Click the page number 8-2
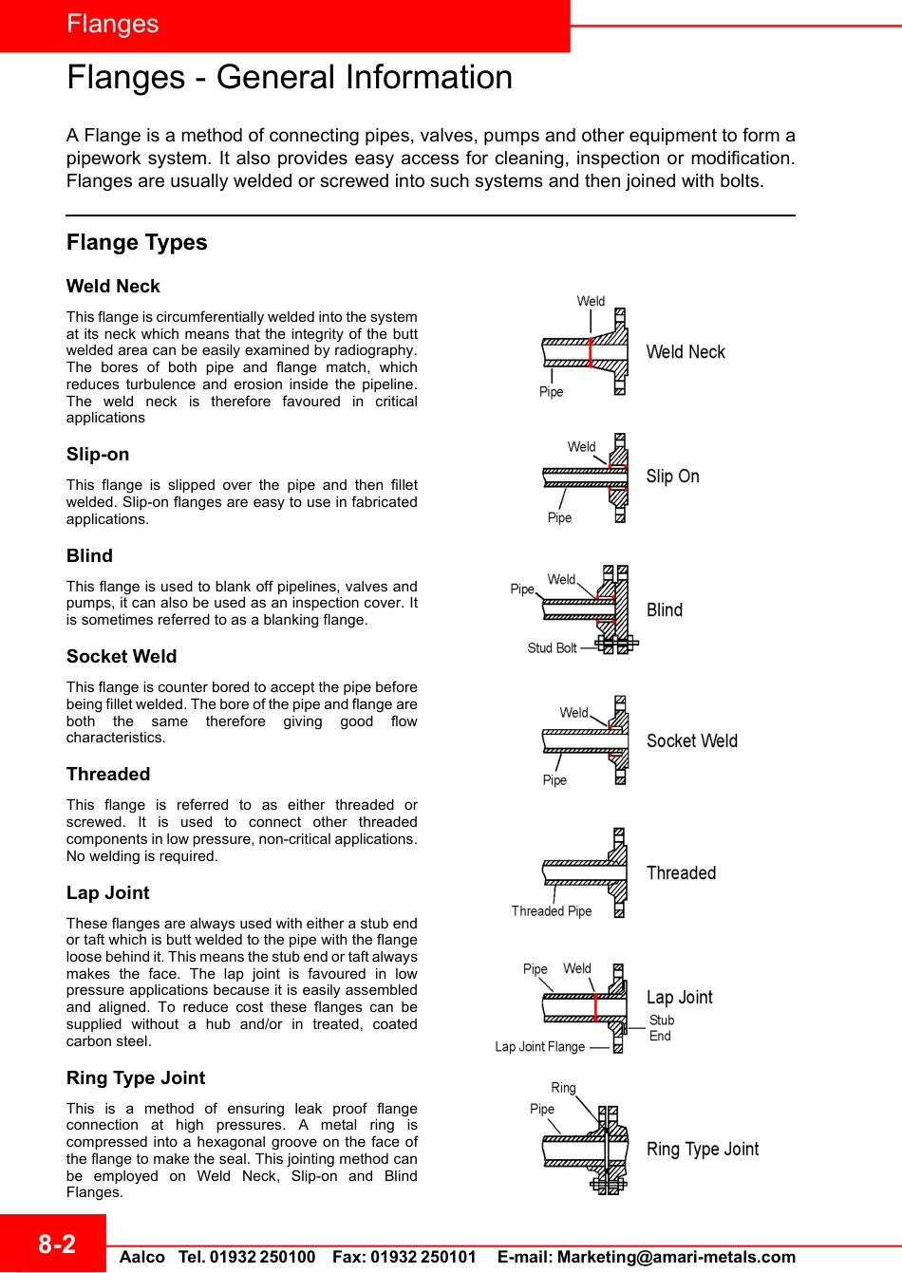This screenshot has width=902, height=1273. coord(56,1244)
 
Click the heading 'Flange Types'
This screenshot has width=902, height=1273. coord(137,243)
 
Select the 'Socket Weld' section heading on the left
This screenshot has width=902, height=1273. coord(122,657)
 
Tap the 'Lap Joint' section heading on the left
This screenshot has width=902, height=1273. coord(108,893)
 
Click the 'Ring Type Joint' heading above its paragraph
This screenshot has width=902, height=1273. coord(136,1078)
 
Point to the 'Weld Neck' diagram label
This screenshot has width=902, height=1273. coord(686,352)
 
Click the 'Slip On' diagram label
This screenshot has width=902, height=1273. coord(672,477)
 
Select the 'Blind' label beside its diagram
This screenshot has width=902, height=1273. coord(665,610)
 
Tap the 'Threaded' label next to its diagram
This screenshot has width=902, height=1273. coord(681,873)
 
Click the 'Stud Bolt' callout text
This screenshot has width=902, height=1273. coord(552,648)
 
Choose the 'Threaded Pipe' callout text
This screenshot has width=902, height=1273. coord(551,911)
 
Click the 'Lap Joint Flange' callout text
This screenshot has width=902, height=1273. coord(539,1047)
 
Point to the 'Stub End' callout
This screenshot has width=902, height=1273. coord(661,1028)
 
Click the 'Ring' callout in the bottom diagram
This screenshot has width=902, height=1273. coord(563,1088)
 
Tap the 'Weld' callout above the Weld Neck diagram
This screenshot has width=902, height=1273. coord(591,302)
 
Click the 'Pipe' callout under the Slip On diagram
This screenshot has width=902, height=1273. coord(559,518)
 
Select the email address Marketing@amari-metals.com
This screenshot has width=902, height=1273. coord(676,1257)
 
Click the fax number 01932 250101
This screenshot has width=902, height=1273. coord(423,1257)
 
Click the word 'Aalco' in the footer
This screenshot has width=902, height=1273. coord(142,1257)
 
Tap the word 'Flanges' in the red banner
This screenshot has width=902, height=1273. coord(113,25)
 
